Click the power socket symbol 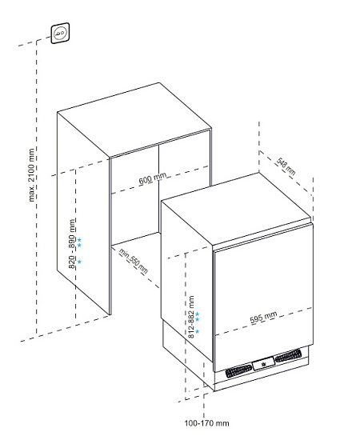[60, 33]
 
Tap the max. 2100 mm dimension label [32, 175]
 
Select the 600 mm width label [153, 178]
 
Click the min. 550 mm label [133, 261]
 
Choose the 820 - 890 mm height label [73, 244]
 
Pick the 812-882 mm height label [191, 317]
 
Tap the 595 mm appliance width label [263, 318]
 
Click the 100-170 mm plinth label [206, 423]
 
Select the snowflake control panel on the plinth [263, 364]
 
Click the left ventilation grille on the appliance [238, 371]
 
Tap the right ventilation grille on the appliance [288, 356]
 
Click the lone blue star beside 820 [79, 262]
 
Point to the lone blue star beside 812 [197, 331]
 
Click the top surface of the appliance [236, 209]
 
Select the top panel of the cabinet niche [134, 120]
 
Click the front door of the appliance [263, 297]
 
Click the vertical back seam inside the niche [158, 188]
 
